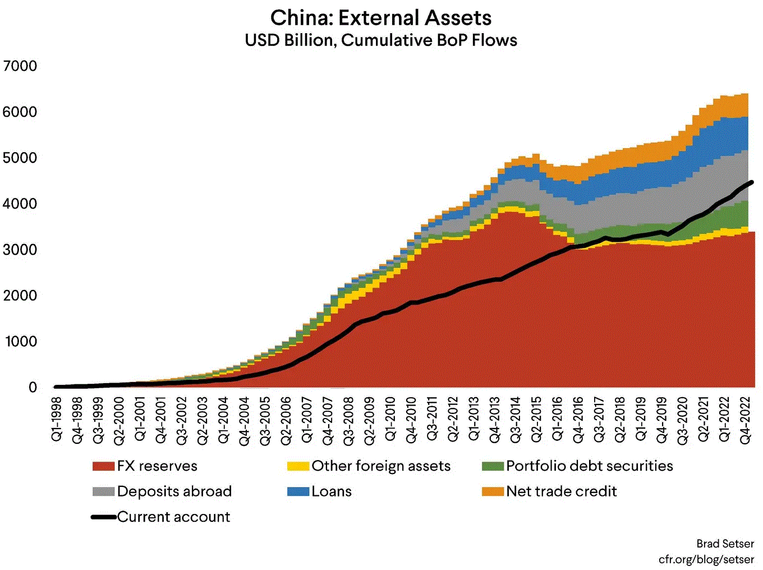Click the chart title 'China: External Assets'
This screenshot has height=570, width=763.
[381, 18]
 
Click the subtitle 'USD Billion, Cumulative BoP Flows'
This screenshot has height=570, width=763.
[381, 40]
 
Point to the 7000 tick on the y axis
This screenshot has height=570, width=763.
[20, 66]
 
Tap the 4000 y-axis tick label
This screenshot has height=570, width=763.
[20, 204]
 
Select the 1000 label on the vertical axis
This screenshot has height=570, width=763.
[20, 342]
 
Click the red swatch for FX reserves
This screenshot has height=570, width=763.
[104, 466]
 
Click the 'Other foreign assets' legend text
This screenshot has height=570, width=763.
[381, 466]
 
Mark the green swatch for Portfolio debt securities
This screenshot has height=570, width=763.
[493, 466]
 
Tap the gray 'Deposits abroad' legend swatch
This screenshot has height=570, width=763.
[104, 492]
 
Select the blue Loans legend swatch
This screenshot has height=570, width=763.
[298, 492]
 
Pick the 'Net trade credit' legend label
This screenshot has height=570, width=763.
[561, 492]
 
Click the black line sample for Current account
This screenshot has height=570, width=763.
[104, 517]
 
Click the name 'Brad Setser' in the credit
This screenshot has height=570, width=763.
[725, 544]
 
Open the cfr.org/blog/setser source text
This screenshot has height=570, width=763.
[706, 559]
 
